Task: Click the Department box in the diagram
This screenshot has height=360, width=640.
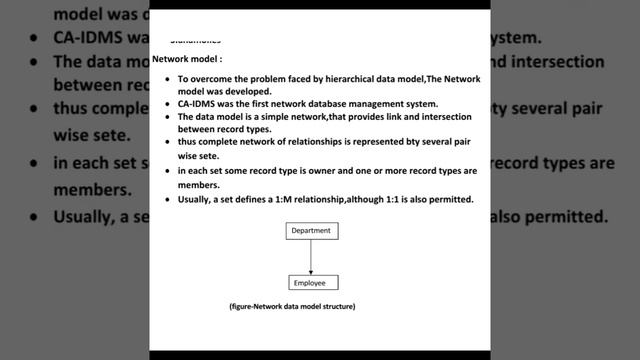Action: tap(310, 231)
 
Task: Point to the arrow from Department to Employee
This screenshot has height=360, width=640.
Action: tap(311, 257)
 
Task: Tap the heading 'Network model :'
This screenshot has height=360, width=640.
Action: tap(180, 60)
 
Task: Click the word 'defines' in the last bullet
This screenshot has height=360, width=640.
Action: tap(242, 199)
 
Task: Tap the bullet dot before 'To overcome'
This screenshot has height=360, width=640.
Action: tap(168, 79)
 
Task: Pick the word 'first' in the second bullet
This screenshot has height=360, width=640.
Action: tap(259, 103)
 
